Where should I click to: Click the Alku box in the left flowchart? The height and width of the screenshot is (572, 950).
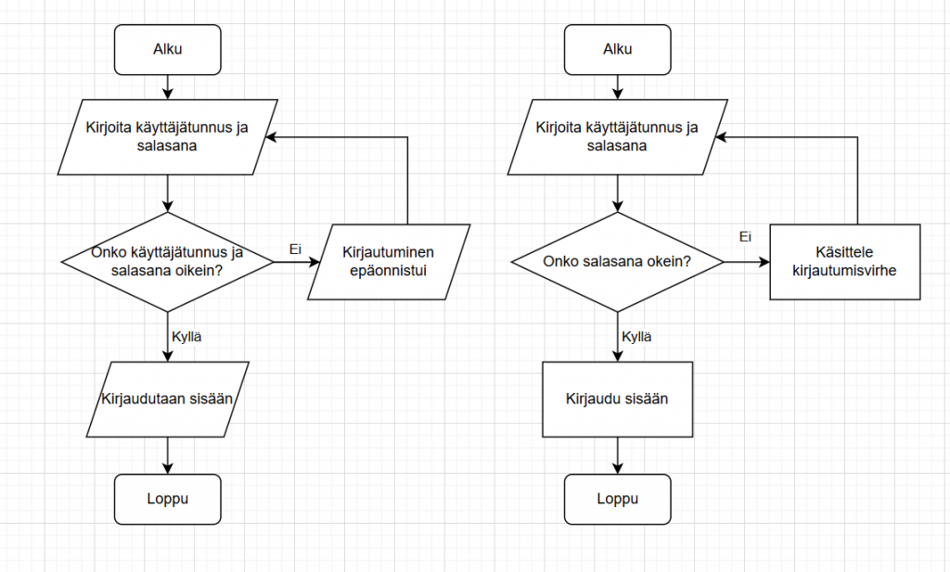(x=168, y=49)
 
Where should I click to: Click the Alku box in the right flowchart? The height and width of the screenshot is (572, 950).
(x=617, y=49)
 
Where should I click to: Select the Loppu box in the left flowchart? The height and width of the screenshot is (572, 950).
(x=168, y=498)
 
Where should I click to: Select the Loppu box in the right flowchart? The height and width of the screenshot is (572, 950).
(x=617, y=498)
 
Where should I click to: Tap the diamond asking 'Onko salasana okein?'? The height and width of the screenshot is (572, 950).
(x=617, y=262)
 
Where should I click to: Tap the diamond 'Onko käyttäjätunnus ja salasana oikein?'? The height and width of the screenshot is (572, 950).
(x=168, y=262)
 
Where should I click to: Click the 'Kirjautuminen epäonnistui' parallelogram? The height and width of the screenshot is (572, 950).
(x=389, y=262)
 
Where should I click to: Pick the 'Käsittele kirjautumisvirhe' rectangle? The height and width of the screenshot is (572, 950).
(x=845, y=262)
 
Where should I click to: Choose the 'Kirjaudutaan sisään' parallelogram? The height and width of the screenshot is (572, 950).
(x=168, y=399)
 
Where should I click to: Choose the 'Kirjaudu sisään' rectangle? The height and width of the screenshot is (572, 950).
(x=617, y=399)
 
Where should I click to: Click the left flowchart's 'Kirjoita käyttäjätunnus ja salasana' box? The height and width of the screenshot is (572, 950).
(x=168, y=137)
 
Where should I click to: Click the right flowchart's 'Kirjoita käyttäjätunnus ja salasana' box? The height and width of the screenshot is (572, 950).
(x=617, y=137)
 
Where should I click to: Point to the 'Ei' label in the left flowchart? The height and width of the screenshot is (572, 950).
(x=296, y=248)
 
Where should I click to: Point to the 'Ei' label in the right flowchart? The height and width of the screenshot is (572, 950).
(x=745, y=237)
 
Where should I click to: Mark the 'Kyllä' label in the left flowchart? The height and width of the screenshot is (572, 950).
(x=187, y=337)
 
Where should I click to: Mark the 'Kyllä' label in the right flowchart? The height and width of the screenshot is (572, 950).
(x=636, y=337)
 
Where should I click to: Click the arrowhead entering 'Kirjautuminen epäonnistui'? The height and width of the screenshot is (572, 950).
(x=314, y=262)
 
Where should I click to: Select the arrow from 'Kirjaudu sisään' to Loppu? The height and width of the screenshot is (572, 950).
(x=617, y=455)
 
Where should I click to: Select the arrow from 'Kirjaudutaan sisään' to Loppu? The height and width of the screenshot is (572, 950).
(x=168, y=455)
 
